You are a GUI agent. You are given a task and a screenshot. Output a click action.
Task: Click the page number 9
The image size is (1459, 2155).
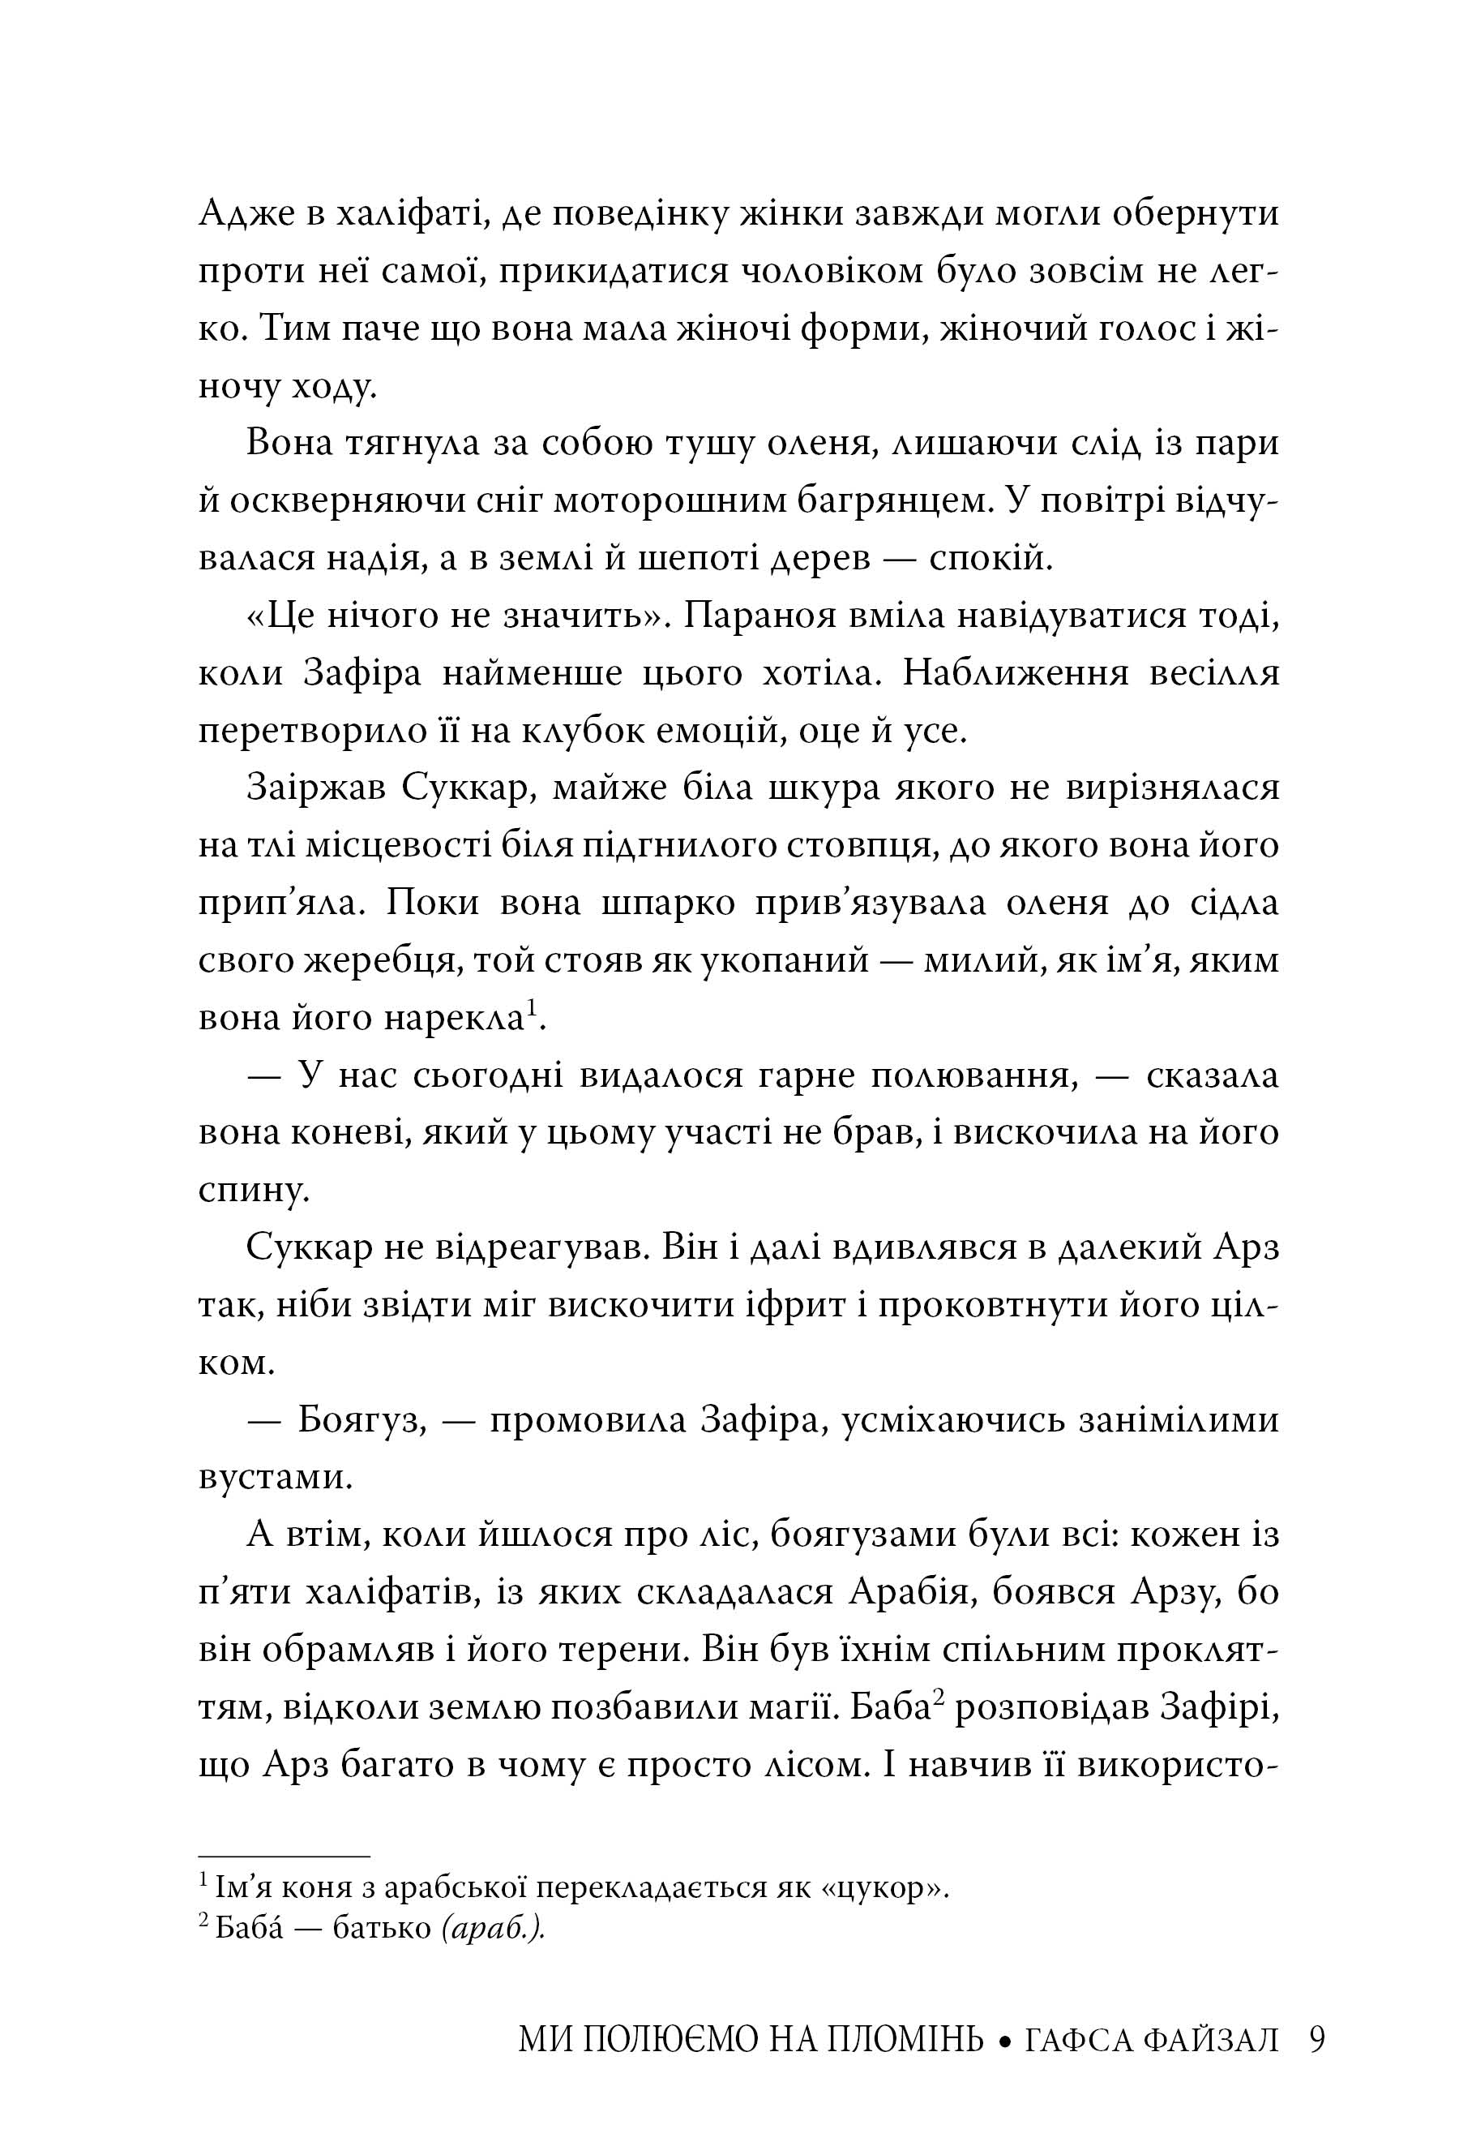1317,2040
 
